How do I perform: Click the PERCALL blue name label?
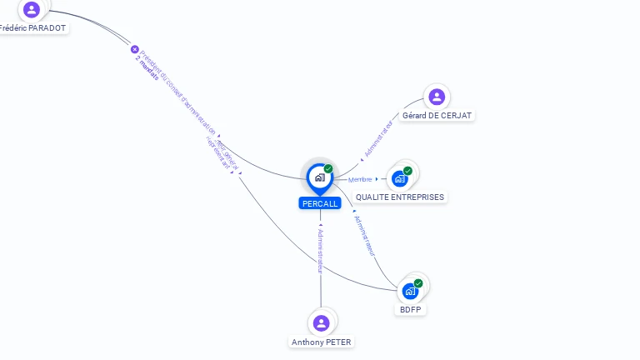(320, 203)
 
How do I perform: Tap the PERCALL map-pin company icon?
(319, 177)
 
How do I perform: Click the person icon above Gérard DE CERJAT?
(437, 97)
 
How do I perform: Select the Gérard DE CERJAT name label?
(437, 115)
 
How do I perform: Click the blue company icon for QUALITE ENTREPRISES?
(400, 178)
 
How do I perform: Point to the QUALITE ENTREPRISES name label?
(400, 197)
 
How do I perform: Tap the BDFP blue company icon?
(410, 291)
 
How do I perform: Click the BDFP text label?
(410, 310)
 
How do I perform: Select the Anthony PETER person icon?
(322, 323)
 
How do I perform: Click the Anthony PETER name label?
(322, 342)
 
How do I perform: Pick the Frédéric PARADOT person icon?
(32, 10)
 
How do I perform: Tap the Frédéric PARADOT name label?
(32, 27)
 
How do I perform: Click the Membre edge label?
(360, 179)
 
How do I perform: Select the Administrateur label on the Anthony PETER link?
(320, 251)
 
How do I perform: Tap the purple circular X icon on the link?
(135, 49)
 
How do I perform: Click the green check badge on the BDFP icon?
(418, 283)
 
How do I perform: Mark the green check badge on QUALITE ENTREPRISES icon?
(407, 171)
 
